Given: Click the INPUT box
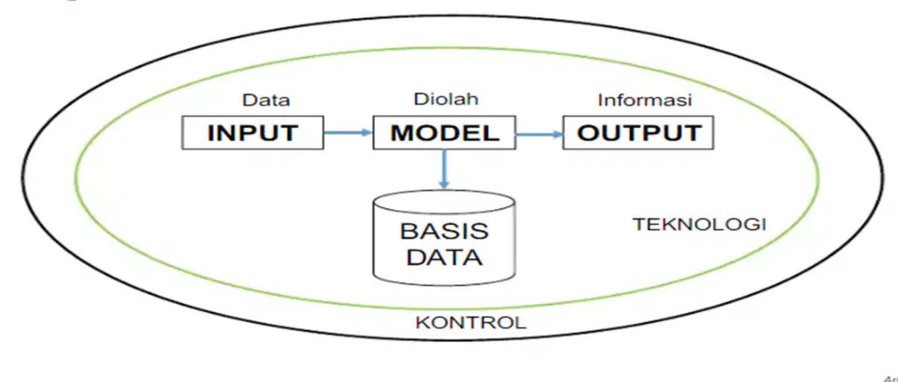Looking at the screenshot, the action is coord(253,133).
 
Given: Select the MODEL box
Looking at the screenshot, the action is coord(444,133).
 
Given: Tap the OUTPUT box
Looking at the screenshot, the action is coord(638,133).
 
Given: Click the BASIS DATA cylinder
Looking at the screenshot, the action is coord(444,238).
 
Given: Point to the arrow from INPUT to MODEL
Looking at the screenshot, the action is coord(348,132).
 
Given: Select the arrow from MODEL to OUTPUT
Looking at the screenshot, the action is coord(540,135).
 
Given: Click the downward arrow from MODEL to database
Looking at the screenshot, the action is coord(444,169).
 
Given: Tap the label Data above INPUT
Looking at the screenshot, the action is coord(266,100).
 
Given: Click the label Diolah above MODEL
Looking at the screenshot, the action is coord(446,99).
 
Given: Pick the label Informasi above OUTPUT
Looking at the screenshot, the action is coord(645,100).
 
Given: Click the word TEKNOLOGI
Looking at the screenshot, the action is coord(700,224).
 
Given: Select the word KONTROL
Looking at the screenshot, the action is coord(471,322).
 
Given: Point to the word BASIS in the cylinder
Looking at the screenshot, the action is coord(444,231).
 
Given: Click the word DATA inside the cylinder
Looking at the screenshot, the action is coord(444,257).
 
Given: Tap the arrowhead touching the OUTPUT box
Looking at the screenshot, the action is coord(557,135).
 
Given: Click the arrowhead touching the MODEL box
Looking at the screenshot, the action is coord(367,132).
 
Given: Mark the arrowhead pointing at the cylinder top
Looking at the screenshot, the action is coord(444,185).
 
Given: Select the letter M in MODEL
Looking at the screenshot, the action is coord(402,133).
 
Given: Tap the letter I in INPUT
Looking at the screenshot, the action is coord(210,133).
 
